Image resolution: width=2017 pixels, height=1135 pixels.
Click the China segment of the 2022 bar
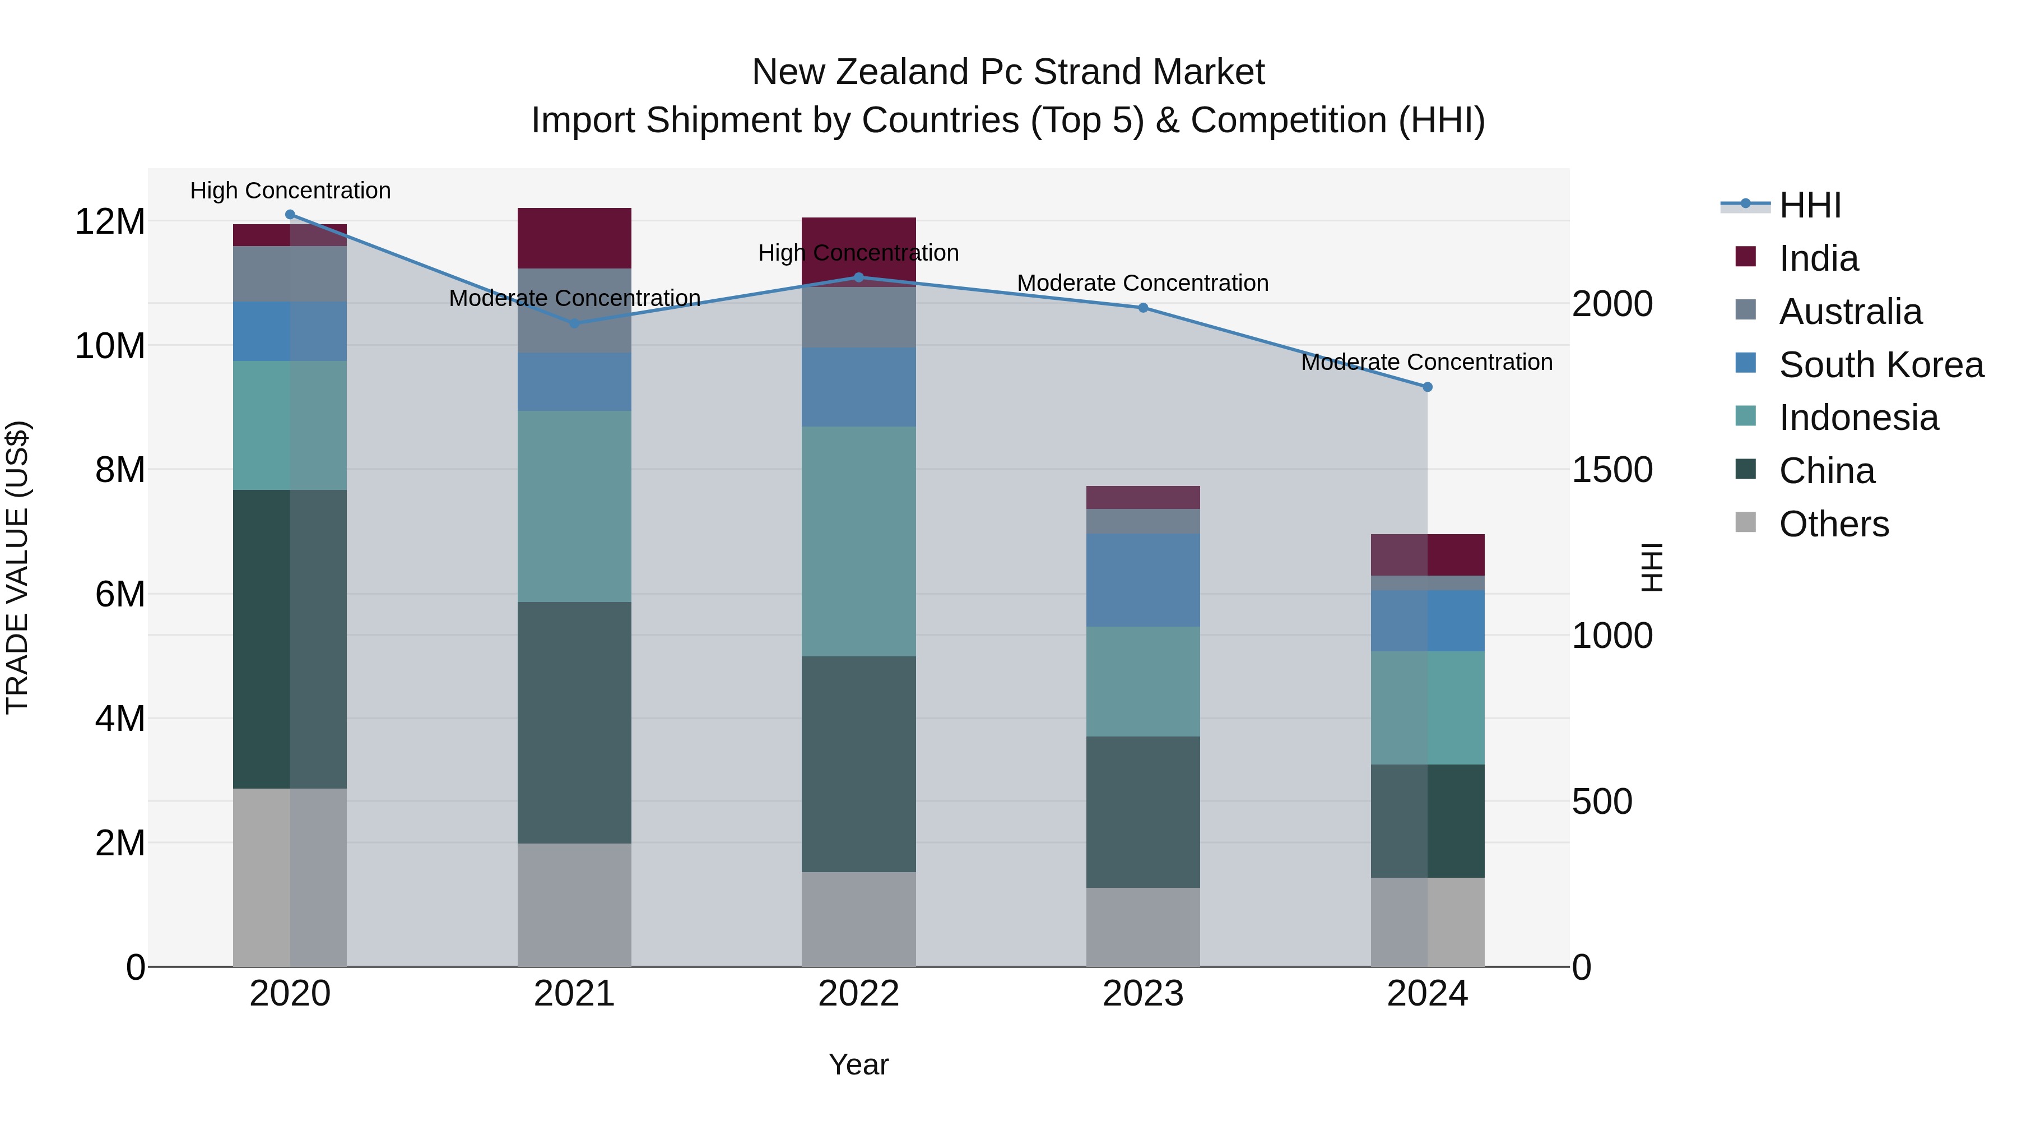point(858,764)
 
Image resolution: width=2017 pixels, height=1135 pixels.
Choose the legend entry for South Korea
point(1880,365)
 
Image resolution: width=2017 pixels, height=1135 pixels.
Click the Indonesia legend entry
point(1857,418)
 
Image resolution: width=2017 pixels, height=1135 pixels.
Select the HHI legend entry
point(1809,205)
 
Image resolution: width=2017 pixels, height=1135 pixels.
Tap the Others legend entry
point(1832,524)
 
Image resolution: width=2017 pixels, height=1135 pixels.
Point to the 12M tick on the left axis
point(110,221)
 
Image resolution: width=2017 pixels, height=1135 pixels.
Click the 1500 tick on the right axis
point(1612,470)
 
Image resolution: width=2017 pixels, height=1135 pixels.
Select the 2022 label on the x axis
point(858,994)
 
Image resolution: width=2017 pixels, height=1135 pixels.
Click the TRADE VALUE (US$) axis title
point(17,567)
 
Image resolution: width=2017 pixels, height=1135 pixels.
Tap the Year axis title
point(858,1064)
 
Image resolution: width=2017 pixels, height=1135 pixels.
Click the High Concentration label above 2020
point(290,191)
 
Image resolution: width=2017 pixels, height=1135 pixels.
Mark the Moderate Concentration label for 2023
point(1142,283)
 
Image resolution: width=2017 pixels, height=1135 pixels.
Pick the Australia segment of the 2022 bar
point(858,317)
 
